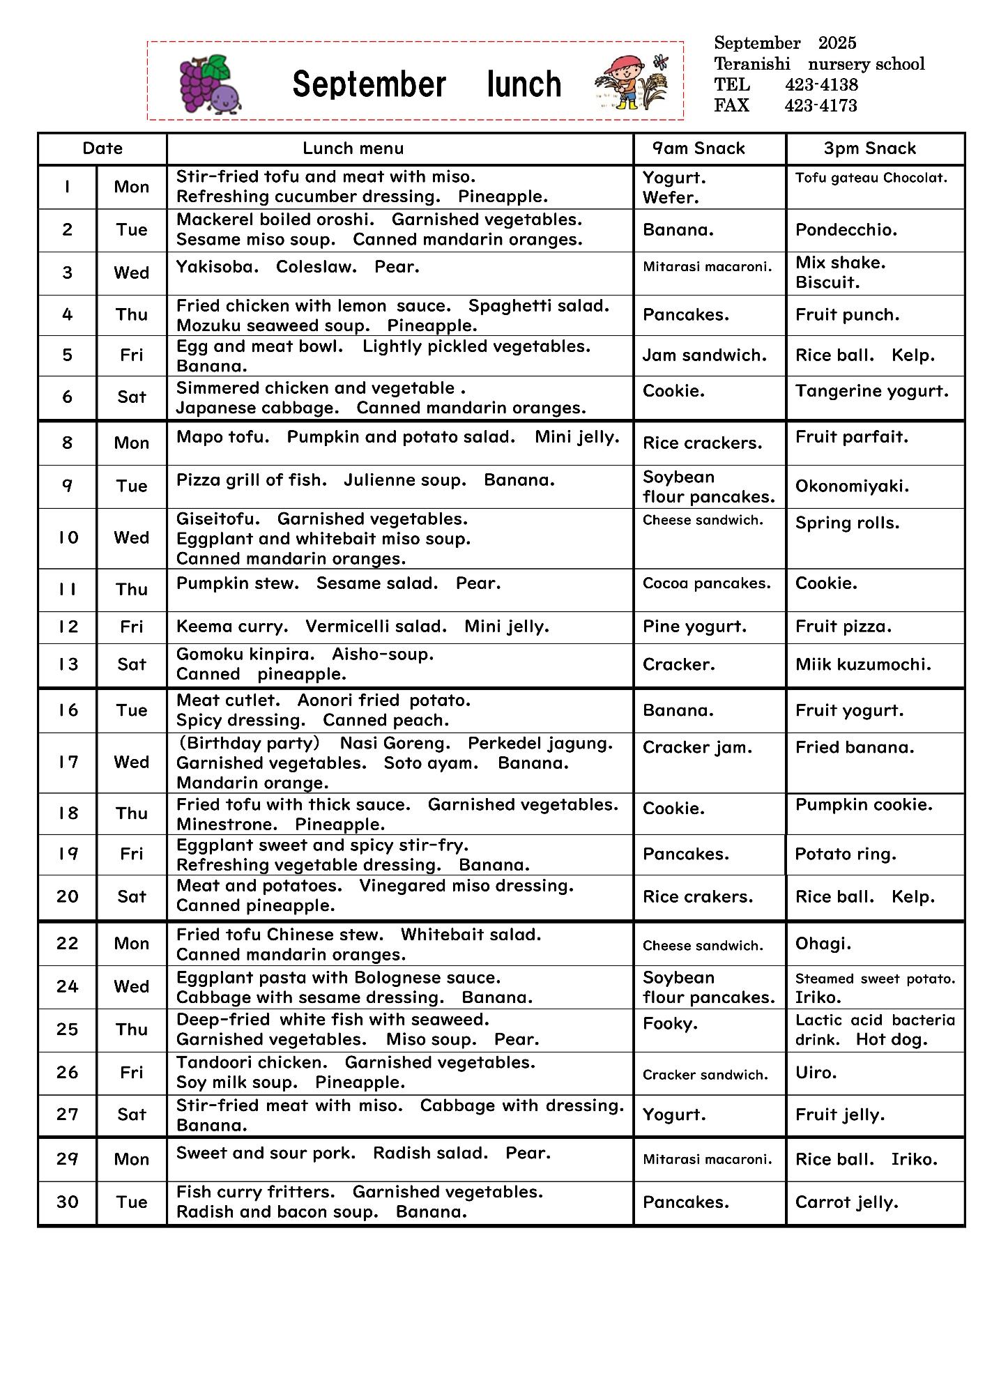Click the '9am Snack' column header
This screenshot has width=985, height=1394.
pyautogui.click(x=698, y=148)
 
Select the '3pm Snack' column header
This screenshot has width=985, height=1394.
pyautogui.click(x=869, y=148)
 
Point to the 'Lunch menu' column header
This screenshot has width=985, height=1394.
pyautogui.click(x=353, y=148)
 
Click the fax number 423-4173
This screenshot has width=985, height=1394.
pyautogui.click(x=820, y=106)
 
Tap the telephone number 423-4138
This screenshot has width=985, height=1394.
pyautogui.click(x=821, y=85)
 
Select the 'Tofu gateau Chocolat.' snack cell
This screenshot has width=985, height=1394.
pyautogui.click(x=871, y=178)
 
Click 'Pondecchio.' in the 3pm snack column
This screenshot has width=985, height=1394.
pyautogui.click(x=846, y=230)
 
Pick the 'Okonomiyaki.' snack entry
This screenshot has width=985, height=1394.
pyautogui.click(x=852, y=486)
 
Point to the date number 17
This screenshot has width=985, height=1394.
pyautogui.click(x=68, y=762)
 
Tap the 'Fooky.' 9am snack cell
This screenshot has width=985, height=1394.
pyautogui.click(x=670, y=1024)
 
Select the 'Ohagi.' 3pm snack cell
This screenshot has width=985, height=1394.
pyautogui.click(x=823, y=944)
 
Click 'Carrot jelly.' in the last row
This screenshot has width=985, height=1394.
pyautogui.click(x=846, y=1202)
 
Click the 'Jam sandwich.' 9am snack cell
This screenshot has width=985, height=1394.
pyautogui.click(x=704, y=355)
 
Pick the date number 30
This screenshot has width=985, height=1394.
pyautogui.click(x=68, y=1202)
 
